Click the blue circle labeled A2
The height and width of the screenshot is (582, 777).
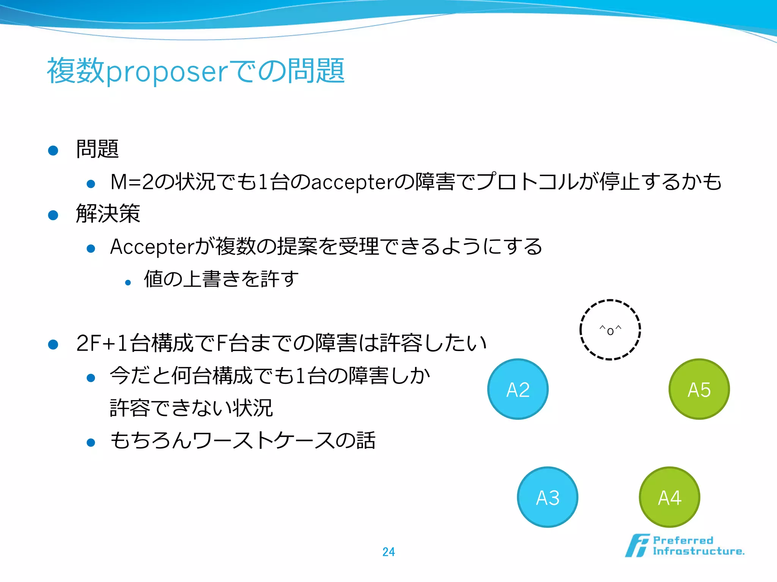tap(518, 389)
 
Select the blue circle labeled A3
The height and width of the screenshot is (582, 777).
tap(547, 497)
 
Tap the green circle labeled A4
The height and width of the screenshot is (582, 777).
tap(670, 497)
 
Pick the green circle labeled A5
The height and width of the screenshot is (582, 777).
tap(699, 389)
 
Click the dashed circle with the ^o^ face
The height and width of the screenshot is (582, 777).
tap(610, 330)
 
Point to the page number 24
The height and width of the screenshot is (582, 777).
tap(388, 552)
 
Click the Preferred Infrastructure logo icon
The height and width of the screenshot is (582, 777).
tap(637, 546)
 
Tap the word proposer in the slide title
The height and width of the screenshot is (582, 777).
tap(167, 72)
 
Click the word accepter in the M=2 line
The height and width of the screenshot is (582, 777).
tap(352, 182)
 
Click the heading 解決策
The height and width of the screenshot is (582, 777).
tap(108, 214)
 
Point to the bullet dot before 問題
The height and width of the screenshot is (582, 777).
tap(53, 150)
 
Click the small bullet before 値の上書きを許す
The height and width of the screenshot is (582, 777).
tap(128, 283)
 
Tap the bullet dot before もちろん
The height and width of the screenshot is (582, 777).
tap(91, 442)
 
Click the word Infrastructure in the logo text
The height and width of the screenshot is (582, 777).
tap(698, 551)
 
